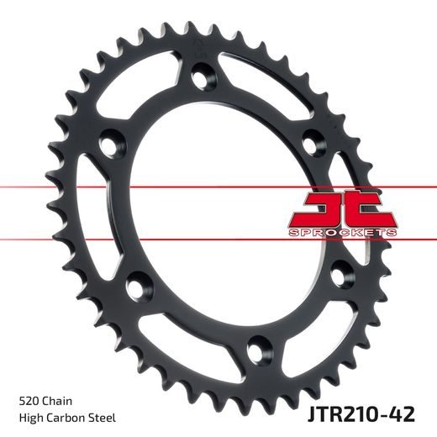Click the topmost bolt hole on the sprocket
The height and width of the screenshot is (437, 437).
click(201, 80)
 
